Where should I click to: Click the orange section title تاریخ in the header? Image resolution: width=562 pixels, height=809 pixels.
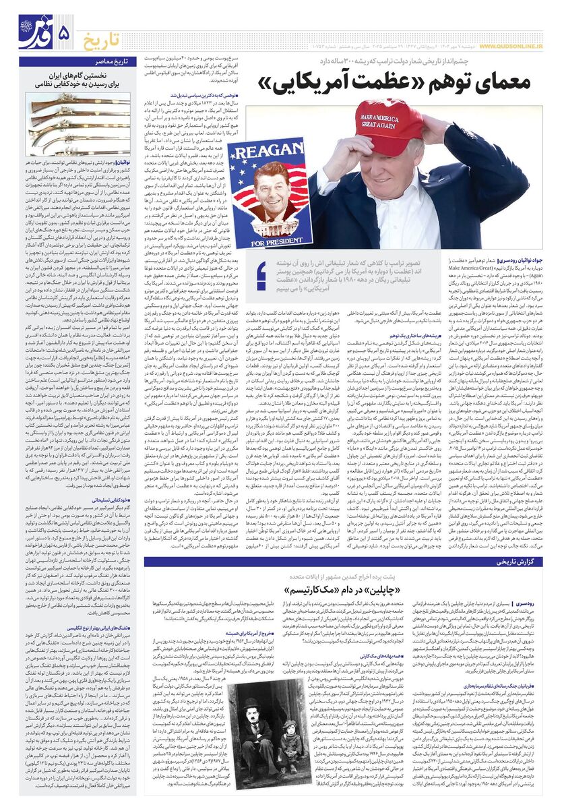(104, 39)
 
